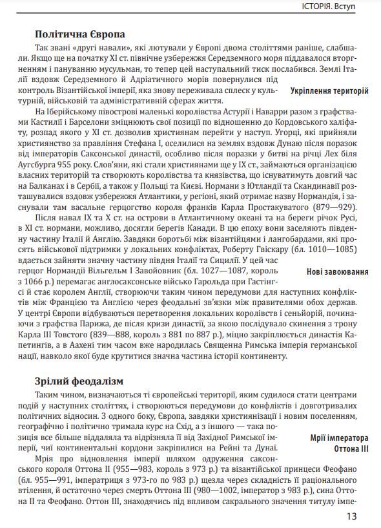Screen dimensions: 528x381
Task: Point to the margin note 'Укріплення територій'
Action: click(329, 91)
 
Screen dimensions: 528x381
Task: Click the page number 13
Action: click(351, 515)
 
